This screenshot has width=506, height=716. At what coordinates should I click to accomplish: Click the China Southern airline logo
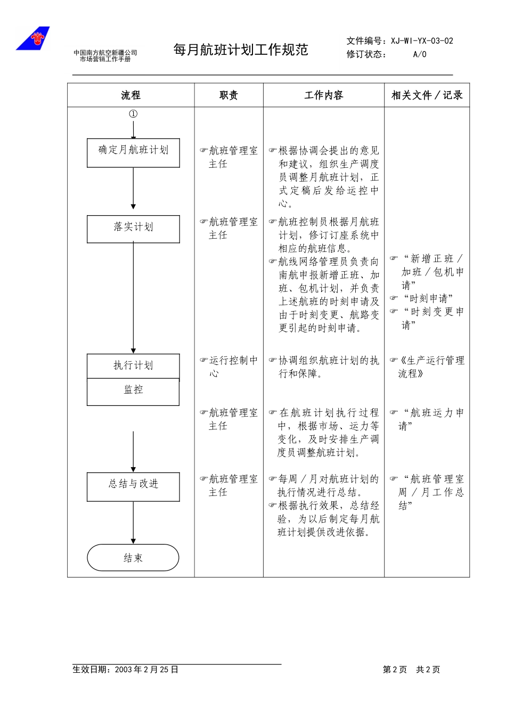(33, 38)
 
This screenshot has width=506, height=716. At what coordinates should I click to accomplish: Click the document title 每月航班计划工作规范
(241, 50)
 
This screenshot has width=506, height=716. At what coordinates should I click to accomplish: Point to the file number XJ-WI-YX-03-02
(422, 41)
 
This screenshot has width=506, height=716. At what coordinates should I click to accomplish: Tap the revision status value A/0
(420, 54)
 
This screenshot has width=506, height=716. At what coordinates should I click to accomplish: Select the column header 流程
(130, 95)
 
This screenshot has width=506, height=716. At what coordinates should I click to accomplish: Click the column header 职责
(228, 95)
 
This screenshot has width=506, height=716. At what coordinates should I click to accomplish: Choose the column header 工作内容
(323, 95)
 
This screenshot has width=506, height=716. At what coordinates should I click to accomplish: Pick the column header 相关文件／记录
(427, 95)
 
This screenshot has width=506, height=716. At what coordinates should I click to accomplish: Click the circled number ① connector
(133, 114)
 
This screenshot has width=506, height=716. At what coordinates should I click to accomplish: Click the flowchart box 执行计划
(133, 366)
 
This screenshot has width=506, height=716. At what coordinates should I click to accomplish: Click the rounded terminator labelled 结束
(133, 558)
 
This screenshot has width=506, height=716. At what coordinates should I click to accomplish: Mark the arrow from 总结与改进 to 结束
(133, 522)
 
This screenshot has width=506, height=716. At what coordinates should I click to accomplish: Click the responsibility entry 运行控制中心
(229, 367)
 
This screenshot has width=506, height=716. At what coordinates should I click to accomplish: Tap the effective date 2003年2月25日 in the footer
(146, 670)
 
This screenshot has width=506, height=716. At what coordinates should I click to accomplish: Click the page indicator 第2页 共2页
(411, 670)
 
